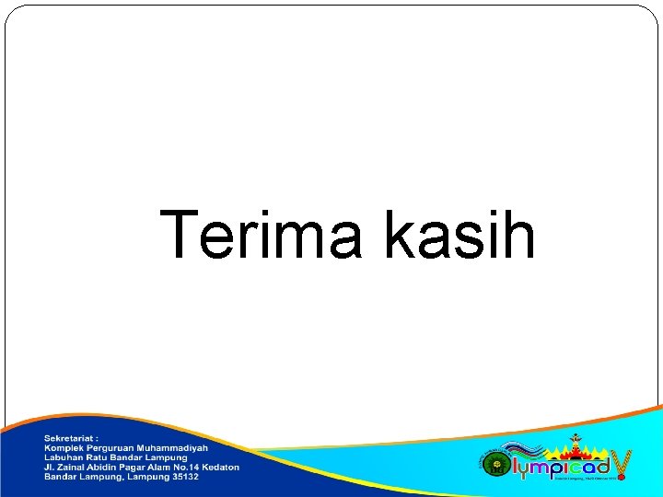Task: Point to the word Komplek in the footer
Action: click(64, 447)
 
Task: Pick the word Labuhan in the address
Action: click(64, 457)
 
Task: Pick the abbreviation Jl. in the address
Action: click(50, 468)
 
